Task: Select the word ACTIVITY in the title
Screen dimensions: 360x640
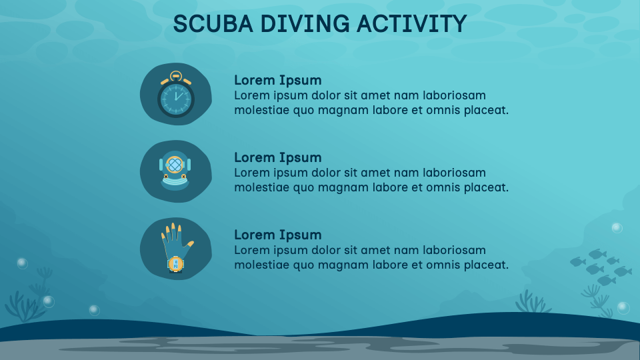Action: [411, 24]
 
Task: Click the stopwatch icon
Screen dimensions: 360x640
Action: [176, 95]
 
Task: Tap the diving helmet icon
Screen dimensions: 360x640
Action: [175, 171]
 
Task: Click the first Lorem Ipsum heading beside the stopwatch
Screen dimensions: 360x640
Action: [278, 80]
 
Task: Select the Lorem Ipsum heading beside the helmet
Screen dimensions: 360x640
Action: [278, 157]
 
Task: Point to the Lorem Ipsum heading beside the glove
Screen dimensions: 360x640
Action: [278, 235]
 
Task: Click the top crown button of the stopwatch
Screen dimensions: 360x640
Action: [176, 75]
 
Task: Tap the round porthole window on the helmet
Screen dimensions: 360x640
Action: [175, 163]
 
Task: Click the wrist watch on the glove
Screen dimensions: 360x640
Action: [175, 263]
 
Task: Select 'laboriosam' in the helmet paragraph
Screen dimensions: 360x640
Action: [455, 173]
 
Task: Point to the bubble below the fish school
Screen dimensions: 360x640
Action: [623, 307]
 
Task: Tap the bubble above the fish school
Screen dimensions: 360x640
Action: [617, 227]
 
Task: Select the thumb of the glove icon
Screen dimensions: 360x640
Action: [189, 245]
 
